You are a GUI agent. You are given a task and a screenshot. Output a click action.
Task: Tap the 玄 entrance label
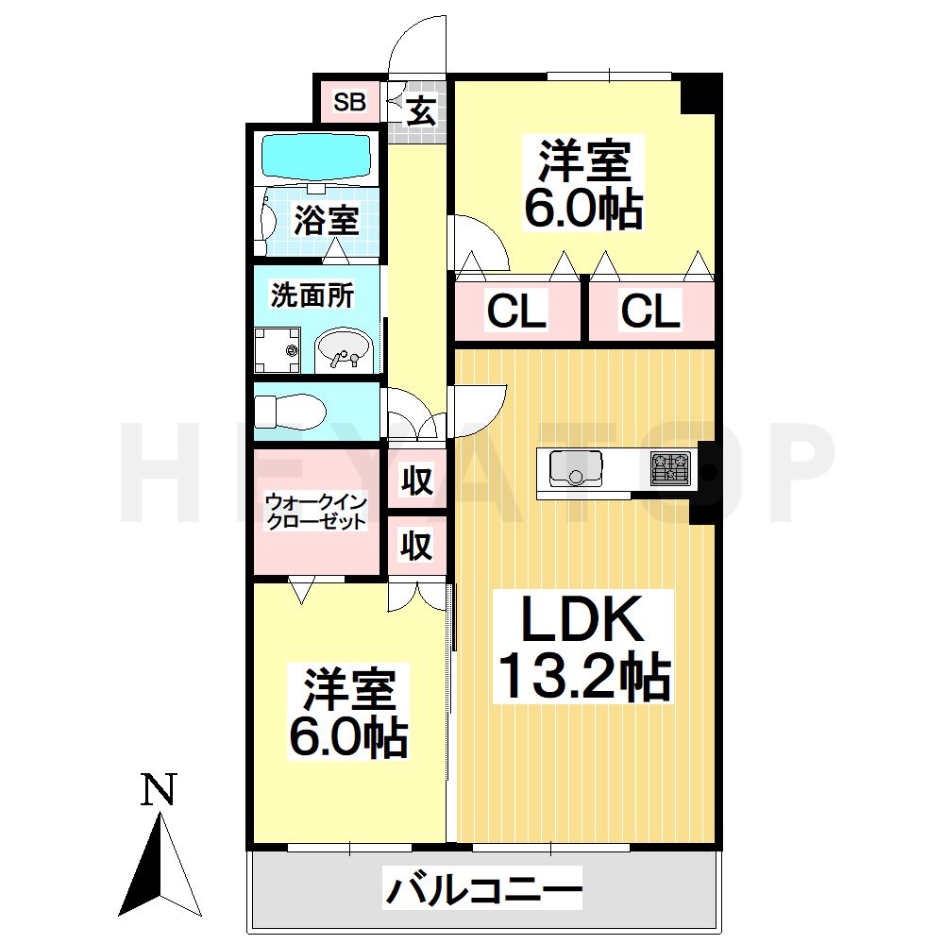click(421, 112)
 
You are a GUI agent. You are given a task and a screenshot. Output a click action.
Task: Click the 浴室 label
click(325, 221)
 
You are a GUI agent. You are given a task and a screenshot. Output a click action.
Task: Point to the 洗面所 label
click(312, 295)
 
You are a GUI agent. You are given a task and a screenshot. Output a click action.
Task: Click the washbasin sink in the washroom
click(344, 349)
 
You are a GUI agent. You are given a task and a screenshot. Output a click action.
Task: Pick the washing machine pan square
click(278, 349)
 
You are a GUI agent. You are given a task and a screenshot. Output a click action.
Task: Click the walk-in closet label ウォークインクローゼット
click(315, 511)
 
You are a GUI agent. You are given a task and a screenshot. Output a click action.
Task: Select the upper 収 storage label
click(416, 481)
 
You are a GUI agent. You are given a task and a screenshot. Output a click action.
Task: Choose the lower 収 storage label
click(416, 546)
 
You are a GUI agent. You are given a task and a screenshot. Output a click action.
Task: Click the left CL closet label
click(516, 312)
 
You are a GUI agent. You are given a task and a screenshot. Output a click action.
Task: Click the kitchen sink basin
click(575, 467)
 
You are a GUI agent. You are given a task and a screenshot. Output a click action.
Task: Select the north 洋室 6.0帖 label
click(583, 184)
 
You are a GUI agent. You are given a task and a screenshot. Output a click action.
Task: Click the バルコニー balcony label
click(482, 889)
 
